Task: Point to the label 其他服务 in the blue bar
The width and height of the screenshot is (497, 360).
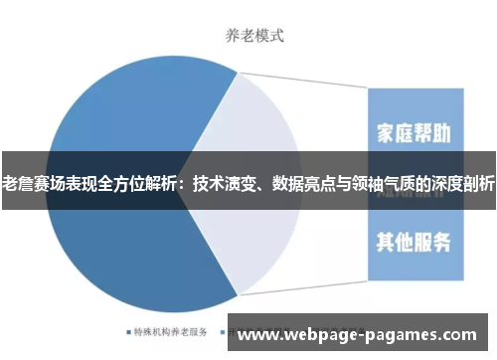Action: coord(415,241)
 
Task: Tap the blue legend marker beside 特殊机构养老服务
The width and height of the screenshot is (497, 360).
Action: coord(128,331)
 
